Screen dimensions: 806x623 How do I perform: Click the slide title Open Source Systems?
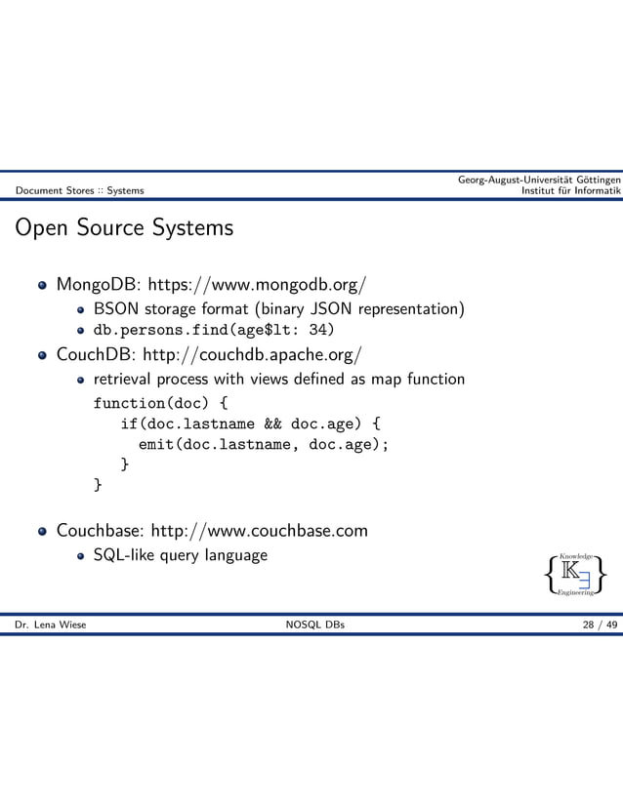(122, 228)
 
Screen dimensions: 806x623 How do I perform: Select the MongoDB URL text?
(256, 286)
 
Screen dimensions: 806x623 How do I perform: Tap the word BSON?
(117, 309)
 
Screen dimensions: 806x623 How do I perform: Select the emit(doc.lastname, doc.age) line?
(264, 445)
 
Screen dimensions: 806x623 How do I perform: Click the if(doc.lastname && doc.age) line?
(250, 423)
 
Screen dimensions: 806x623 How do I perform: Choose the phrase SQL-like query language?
(180, 555)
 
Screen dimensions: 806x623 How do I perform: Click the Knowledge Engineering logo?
(577, 574)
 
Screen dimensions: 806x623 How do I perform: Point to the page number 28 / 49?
(599, 625)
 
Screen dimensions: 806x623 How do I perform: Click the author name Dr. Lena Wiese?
(50, 625)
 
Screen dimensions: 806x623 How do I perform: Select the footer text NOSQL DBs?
(311, 625)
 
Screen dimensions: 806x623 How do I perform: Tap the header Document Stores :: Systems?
(79, 190)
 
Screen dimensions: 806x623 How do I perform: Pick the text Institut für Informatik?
(571, 190)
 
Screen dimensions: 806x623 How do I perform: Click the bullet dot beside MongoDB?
(42, 287)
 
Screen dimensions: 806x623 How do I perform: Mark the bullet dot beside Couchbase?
(42, 532)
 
